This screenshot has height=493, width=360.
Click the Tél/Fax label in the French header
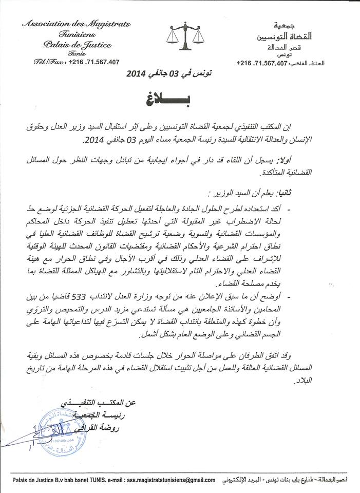click(46, 62)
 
